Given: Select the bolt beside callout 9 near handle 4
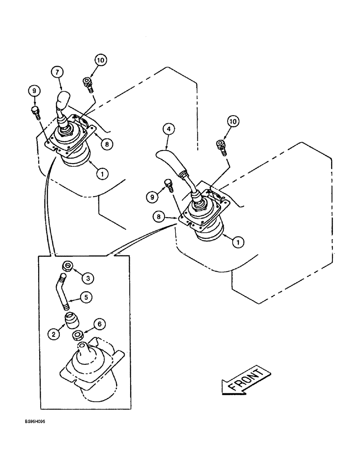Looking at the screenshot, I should click(x=169, y=185).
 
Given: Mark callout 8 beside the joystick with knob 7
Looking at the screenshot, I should click(x=107, y=144).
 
